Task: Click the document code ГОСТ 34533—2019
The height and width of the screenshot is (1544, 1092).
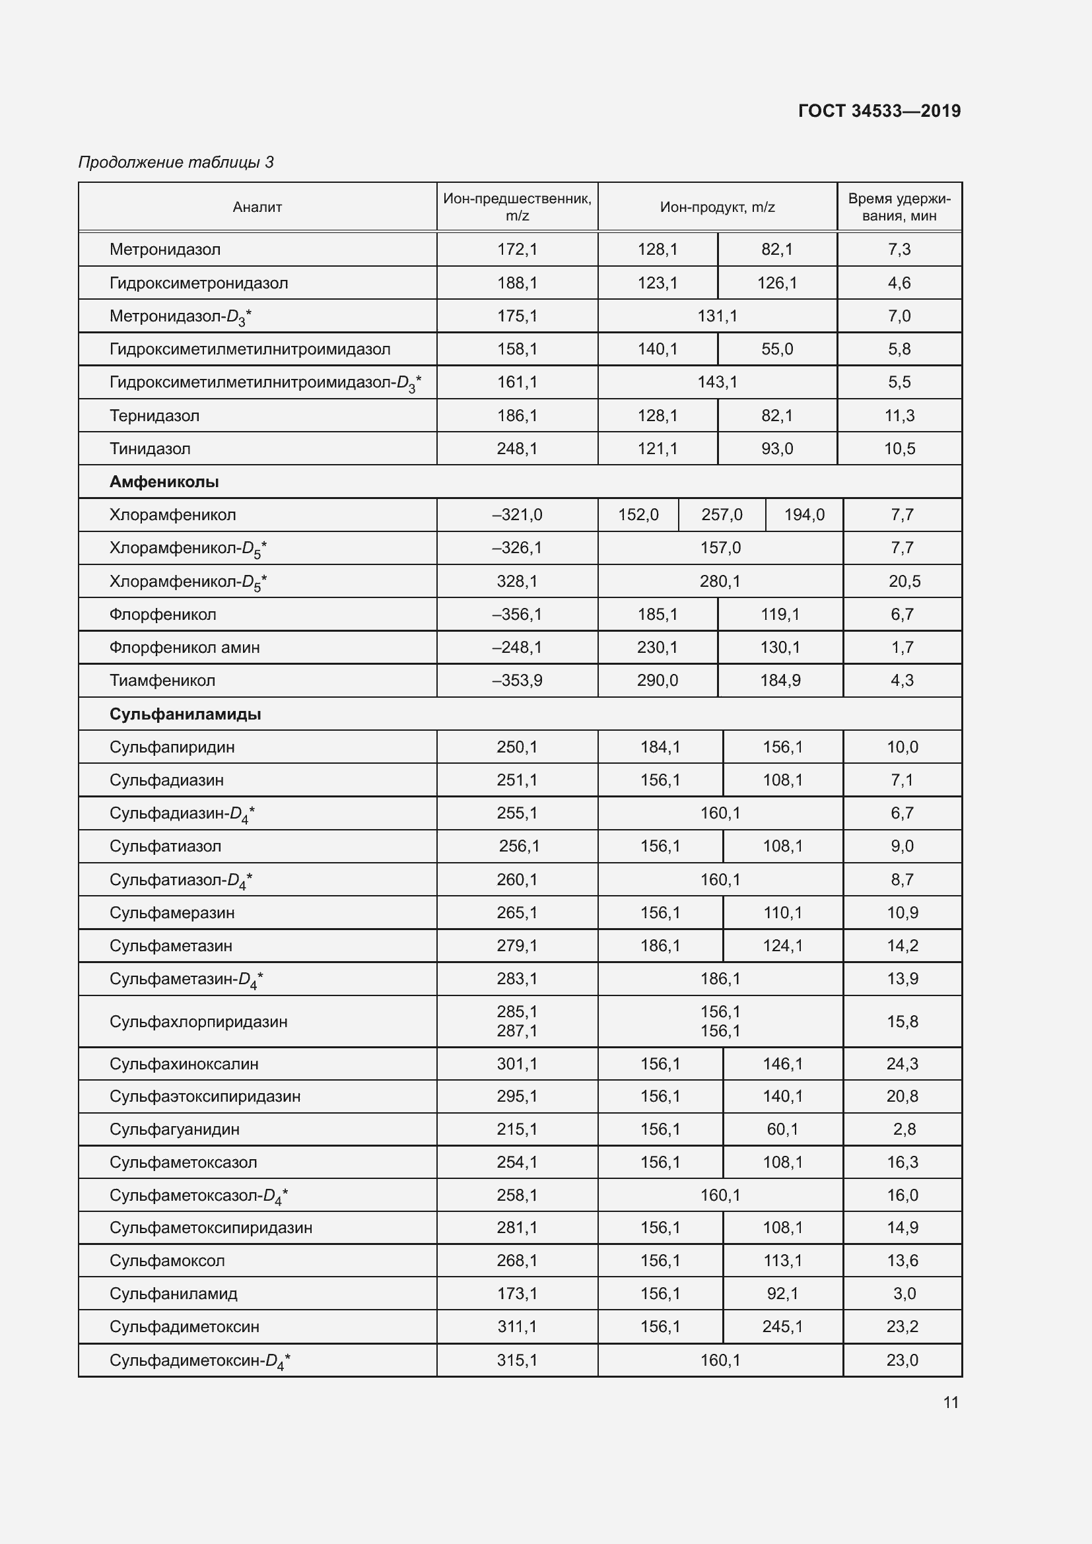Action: click(x=879, y=111)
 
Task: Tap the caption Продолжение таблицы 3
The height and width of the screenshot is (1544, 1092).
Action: click(x=176, y=162)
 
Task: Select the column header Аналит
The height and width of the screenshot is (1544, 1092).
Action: click(x=257, y=207)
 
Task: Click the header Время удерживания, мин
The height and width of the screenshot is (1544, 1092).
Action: click(x=899, y=207)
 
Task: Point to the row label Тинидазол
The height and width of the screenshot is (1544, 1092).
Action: click(x=150, y=448)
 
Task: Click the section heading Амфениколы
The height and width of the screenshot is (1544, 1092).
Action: click(x=164, y=481)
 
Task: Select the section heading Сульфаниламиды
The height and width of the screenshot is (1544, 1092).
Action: click(x=185, y=714)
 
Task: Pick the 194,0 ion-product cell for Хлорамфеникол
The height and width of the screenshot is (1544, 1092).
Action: click(x=803, y=515)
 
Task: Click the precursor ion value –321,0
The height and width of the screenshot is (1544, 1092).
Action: click(x=517, y=515)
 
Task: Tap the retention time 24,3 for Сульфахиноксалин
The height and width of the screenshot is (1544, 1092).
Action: click(x=902, y=1064)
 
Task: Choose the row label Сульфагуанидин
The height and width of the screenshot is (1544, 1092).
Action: click(x=174, y=1129)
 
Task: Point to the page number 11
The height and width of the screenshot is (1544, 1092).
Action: click(x=950, y=1402)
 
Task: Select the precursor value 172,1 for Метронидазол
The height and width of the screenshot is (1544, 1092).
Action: click(x=517, y=250)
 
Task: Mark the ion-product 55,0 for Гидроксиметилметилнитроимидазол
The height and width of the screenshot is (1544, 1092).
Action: click(x=776, y=349)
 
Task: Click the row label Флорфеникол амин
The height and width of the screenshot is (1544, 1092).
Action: click(x=184, y=648)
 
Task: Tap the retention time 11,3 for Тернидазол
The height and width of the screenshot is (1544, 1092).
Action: click(x=899, y=416)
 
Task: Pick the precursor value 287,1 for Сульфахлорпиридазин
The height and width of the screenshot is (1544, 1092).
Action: click(x=517, y=1030)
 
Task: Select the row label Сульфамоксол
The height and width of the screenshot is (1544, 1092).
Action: click(x=167, y=1260)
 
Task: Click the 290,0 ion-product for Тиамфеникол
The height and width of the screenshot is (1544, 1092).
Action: click(x=657, y=681)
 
